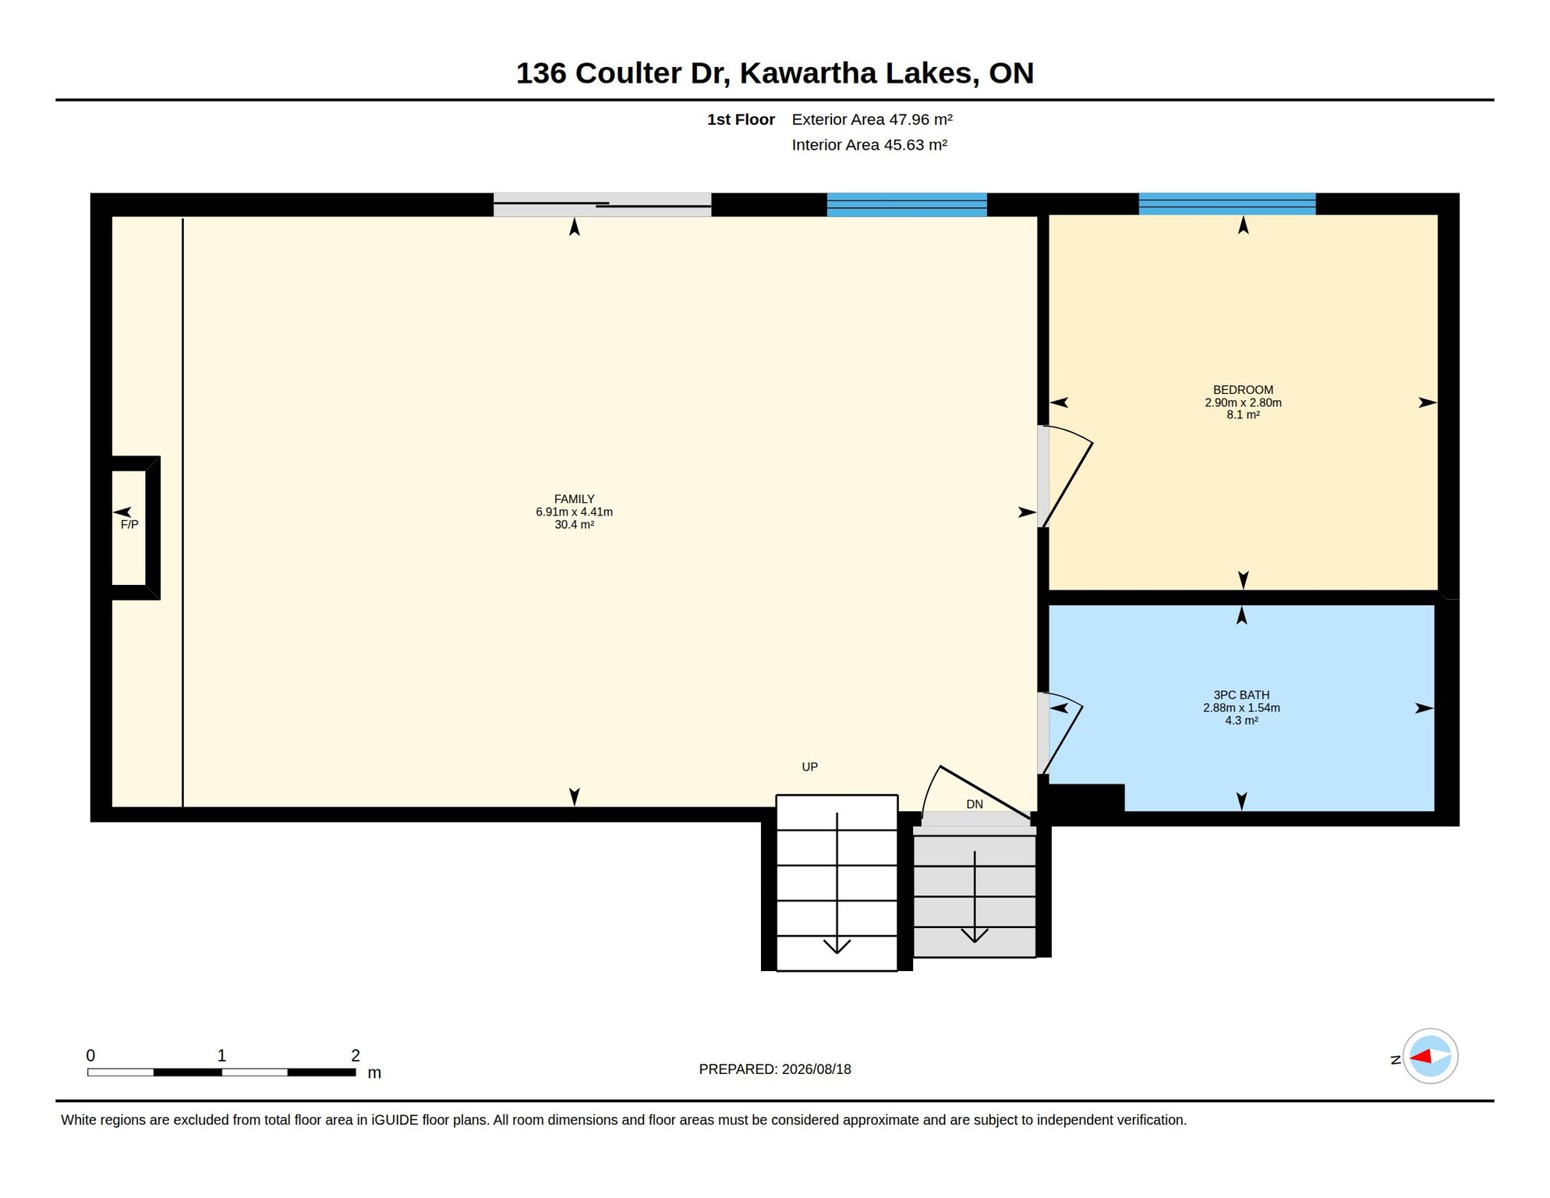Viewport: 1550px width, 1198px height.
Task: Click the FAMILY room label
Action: [574, 499]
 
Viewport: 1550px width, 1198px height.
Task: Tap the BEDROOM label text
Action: [1243, 390]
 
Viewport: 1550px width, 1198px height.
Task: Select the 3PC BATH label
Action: [1241, 695]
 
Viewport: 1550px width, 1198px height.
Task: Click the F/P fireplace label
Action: [129, 525]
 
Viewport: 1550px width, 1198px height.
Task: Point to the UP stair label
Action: [809, 767]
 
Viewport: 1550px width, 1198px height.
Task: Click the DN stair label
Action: [975, 804]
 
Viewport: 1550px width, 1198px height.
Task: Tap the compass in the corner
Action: [1430, 1056]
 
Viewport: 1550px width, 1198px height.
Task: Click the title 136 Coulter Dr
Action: [622, 73]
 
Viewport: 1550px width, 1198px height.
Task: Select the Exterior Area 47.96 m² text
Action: [872, 119]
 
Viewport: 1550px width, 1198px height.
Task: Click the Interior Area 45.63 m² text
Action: [869, 145]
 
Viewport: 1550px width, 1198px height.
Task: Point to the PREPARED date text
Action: [775, 1069]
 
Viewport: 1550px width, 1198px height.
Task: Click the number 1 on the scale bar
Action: [221, 1055]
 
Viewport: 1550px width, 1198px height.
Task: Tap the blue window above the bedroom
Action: [1227, 204]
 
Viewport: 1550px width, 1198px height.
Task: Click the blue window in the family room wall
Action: [907, 204]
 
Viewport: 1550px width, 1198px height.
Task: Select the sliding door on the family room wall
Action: [602, 204]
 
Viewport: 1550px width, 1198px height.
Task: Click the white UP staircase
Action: [837, 883]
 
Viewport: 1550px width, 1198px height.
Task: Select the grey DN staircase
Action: [975, 891]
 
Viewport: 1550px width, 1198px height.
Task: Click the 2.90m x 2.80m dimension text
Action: [1243, 403]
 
